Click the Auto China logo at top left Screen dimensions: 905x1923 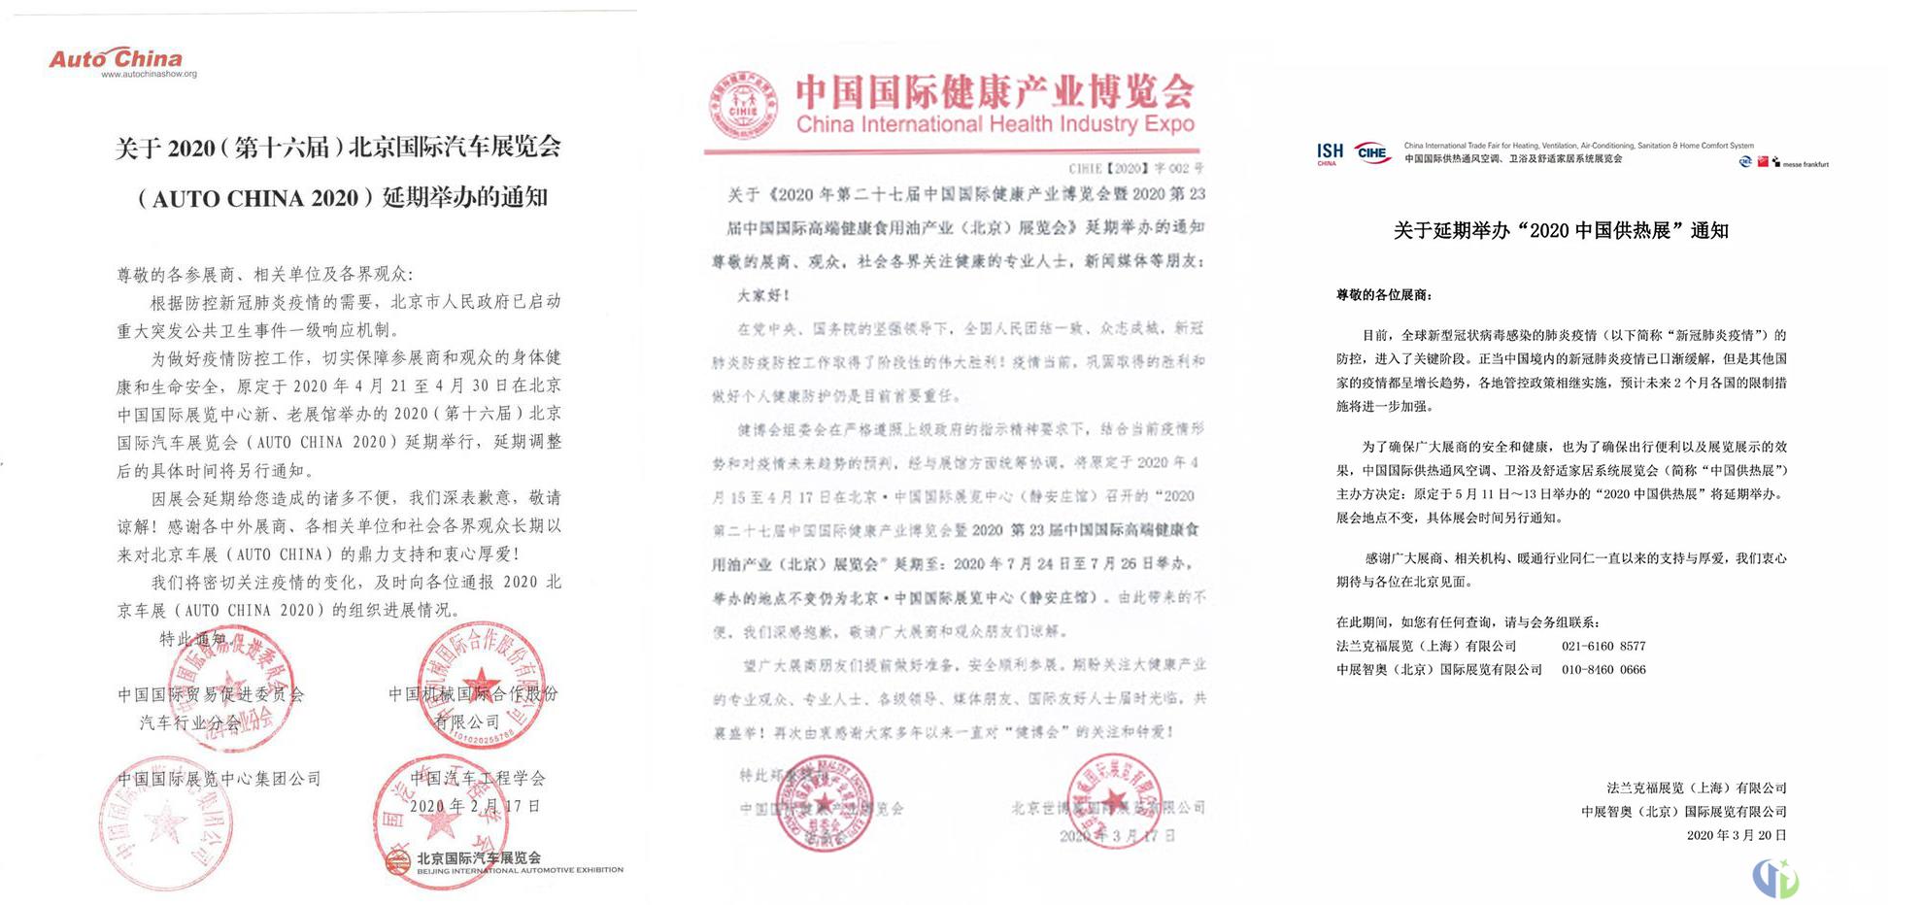pos(116,58)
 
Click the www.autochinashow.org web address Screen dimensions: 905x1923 pos(149,75)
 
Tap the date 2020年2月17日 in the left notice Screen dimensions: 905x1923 pos(474,806)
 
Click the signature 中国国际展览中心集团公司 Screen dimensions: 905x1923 pos(219,779)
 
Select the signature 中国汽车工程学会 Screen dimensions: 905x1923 pos(478,778)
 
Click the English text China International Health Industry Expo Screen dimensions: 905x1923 pos(995,124)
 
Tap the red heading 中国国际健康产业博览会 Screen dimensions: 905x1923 pos(995,92)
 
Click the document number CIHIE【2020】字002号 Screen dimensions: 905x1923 pos(1135,168)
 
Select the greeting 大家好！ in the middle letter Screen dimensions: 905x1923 pos(764,294)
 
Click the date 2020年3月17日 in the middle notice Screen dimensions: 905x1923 pos(1117,835)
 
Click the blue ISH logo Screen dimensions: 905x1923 pos(1330,152)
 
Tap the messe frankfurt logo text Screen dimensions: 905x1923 pos(1805,164)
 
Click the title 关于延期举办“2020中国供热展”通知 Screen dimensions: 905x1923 pos(1561,231)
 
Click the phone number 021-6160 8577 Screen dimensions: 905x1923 pos(1603,646)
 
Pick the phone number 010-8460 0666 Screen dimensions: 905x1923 pos(1603,669)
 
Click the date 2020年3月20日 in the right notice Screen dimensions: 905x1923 pos(1737,835)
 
